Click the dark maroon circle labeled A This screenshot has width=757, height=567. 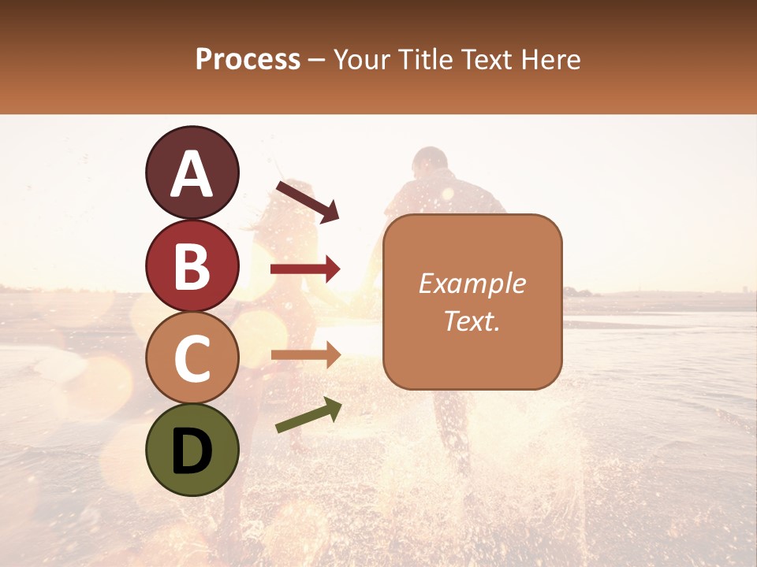pos(192,173)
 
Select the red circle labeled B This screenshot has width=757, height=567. pos(192,266)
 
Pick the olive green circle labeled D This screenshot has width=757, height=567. pos(192,450)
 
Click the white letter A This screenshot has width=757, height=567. pos(192,175)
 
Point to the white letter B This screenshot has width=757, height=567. pos(192,267)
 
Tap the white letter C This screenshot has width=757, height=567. pos(192,359)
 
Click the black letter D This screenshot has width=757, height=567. pos(192,452)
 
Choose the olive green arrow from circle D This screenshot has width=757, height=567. pos(308,415)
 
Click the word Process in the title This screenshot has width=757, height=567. pos(248,60)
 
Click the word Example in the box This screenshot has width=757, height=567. pos(472,283)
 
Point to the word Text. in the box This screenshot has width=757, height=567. pos(472,321)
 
